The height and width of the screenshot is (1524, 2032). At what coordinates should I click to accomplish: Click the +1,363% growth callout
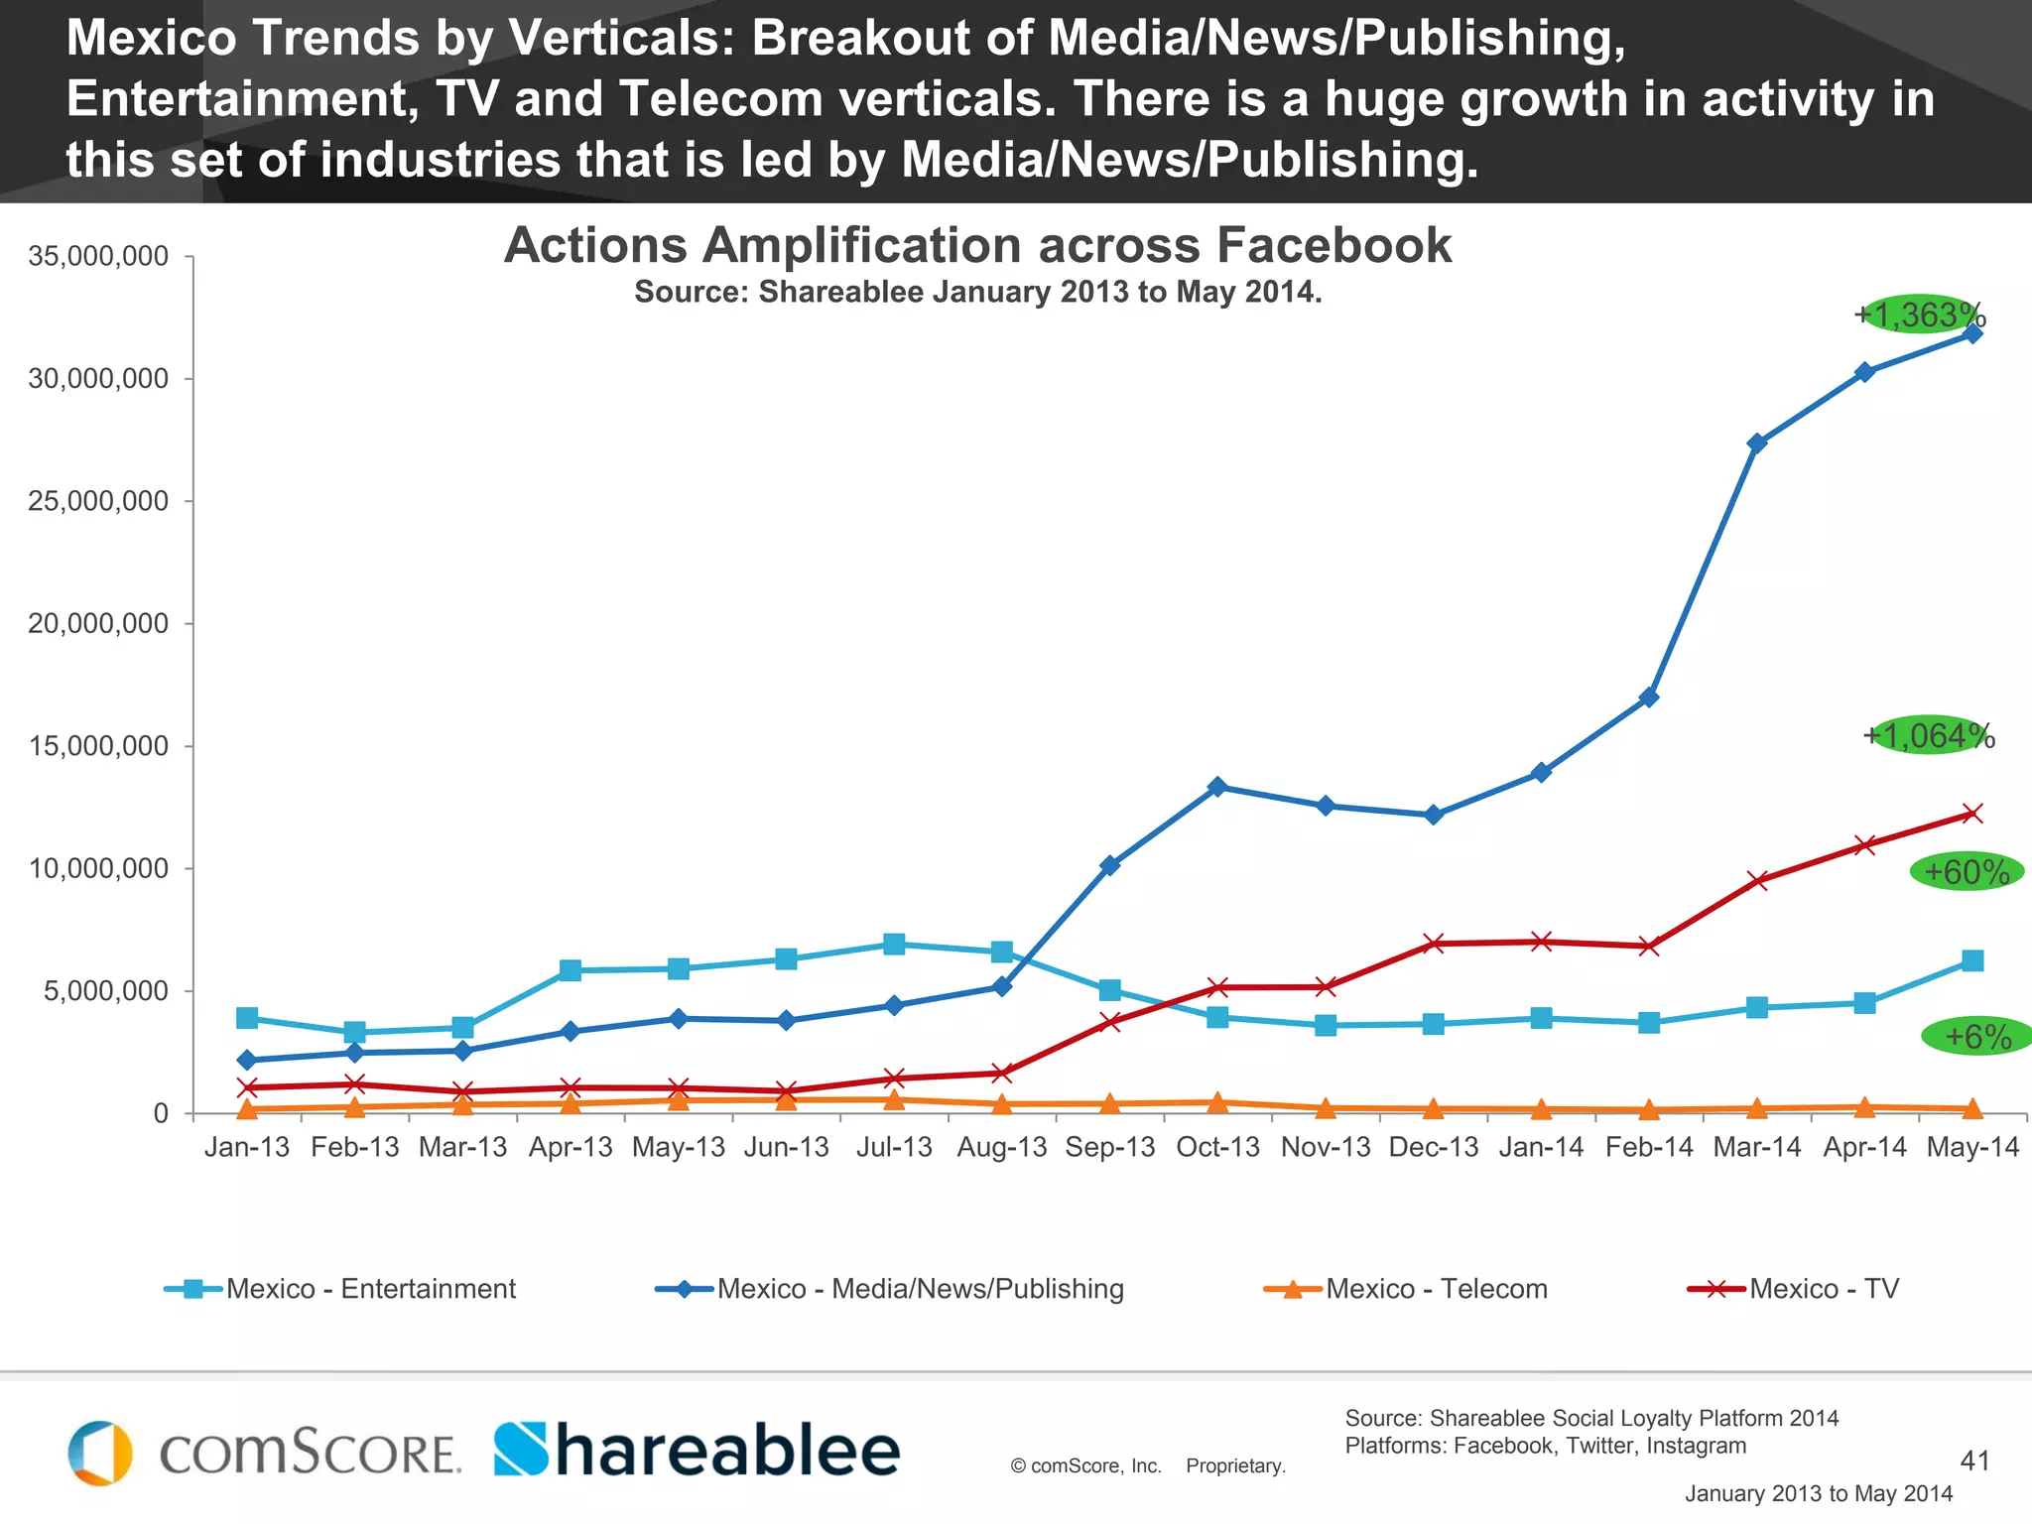1919,315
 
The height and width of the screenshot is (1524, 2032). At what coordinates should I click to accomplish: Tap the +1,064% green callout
1928,735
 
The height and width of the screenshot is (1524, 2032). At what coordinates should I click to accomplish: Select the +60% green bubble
1967,872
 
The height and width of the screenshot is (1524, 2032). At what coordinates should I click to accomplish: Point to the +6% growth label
1976,1037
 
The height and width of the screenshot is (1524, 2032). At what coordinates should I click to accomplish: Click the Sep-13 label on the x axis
1109,1147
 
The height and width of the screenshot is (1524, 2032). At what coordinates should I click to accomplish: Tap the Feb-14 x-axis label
1648,1147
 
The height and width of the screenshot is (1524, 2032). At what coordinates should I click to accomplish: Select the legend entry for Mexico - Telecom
1405,1289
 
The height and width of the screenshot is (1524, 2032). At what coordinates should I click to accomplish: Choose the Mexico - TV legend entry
1793,1289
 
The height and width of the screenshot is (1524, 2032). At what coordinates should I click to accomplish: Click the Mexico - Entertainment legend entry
340,1289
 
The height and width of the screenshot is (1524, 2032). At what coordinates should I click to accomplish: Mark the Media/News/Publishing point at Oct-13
1217,787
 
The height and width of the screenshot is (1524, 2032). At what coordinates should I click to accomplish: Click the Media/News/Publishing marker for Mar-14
1757,443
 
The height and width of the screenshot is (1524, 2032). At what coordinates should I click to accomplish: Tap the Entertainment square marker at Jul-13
894,944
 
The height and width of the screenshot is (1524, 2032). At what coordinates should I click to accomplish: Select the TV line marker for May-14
1972,814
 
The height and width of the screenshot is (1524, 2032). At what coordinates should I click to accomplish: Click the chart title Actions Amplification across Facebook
977,245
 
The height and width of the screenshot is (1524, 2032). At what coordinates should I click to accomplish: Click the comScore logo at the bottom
264,1453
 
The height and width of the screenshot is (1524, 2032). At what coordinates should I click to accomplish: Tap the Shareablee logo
697,1451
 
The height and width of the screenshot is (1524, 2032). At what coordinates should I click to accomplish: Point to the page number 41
1974,1460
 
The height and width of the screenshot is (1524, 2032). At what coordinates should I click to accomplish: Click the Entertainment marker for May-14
1972,960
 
